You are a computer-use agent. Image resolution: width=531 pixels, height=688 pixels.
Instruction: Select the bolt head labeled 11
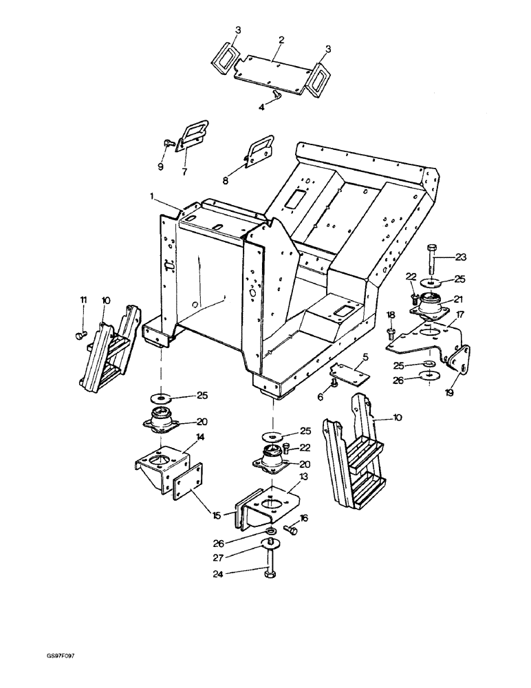click(x=78, y=335)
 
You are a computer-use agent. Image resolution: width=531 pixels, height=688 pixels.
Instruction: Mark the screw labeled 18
click(x=391, y=334)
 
